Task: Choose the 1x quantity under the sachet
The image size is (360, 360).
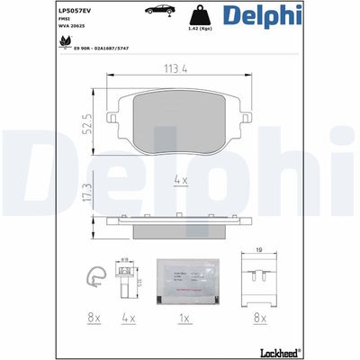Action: pyautogui.click(x=184, y=319)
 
